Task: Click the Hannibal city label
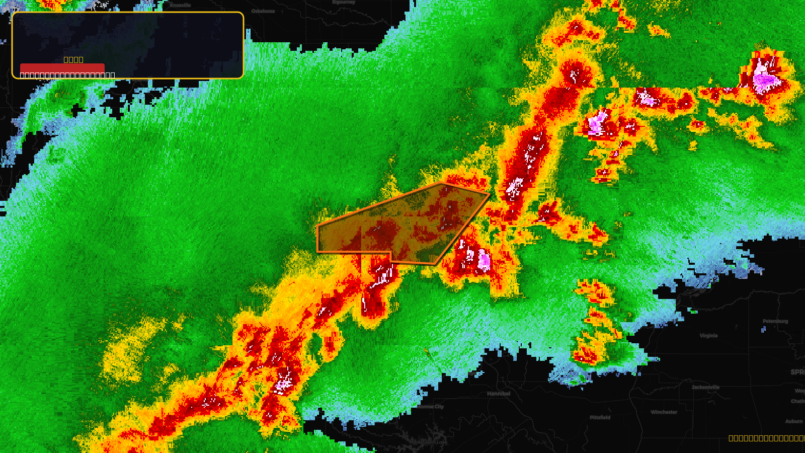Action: [498, 394]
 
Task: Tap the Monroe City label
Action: [431, 407]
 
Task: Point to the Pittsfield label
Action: [600, 417]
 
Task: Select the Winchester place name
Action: [664, 412]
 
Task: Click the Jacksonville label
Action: [705, 387]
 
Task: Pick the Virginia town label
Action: [708, 336]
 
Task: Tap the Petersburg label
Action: [775, 321]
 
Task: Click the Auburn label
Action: [793, 421]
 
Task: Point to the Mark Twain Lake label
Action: [428, 442]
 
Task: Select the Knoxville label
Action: [180, 6]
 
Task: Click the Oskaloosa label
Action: [263, 11]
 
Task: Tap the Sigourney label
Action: [344, 3]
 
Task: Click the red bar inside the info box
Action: [62, 68]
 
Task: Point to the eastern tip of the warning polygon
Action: [490, 193]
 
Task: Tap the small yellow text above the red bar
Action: [73, 59]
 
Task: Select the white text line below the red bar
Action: [67, 75]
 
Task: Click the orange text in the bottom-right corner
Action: [766, 438]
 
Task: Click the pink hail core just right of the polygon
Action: [484, 260]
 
